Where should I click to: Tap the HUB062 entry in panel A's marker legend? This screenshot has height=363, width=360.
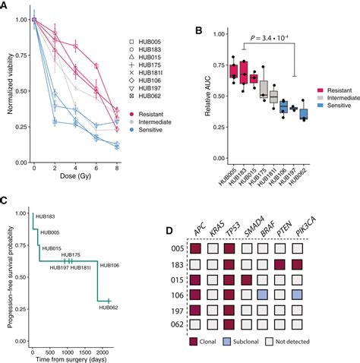click(x=150, y=97)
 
